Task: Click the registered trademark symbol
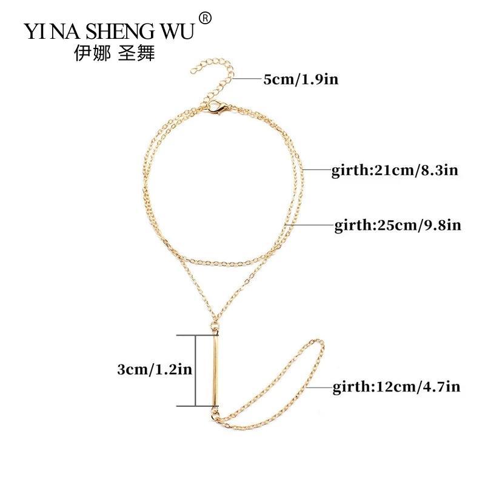(205, 19)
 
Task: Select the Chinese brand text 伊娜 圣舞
(113, 53)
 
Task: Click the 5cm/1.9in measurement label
(292, 79)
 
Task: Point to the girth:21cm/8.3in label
(394, 170)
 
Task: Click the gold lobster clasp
(213, 110)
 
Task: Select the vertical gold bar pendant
(215, 370)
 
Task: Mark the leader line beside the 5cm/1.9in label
(245, 79)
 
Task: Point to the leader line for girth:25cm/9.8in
(309, 226)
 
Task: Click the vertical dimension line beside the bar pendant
(195, 370)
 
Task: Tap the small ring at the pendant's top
(215, 329)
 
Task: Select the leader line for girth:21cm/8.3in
(315, 170)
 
